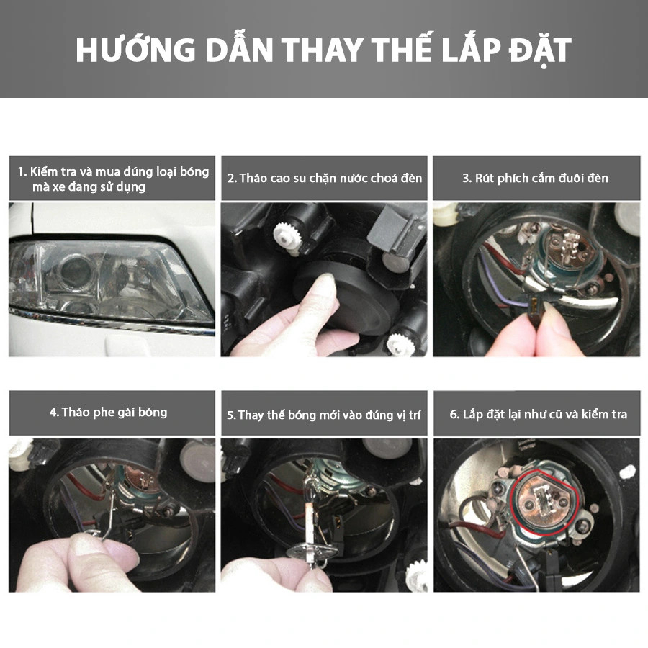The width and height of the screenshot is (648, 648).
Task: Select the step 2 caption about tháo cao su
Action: (325, 177)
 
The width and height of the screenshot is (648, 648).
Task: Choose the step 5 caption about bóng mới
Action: (324, 415)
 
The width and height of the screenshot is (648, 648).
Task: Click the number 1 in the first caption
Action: (22, 171)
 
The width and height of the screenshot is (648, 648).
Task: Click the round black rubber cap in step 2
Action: (353, 295)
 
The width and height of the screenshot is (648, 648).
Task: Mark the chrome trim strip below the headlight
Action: (108, 321)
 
